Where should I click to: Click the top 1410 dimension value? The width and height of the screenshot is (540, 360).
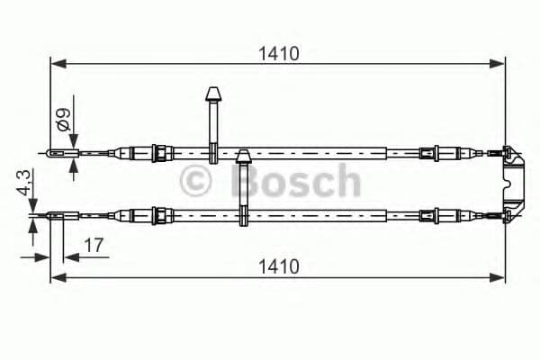(x=277, y=52)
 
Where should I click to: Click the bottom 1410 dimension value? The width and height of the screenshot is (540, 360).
(x=277, y=266)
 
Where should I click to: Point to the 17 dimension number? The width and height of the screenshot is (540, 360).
(x=93, y=243)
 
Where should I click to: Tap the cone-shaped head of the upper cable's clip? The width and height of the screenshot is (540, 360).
(x=214, y=94)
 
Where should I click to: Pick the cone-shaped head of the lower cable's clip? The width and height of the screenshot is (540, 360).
(x=242, y=157)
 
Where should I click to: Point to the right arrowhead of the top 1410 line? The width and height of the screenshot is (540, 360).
(x=500, y=63)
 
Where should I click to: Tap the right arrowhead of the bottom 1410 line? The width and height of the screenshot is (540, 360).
(x=500, y=278)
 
